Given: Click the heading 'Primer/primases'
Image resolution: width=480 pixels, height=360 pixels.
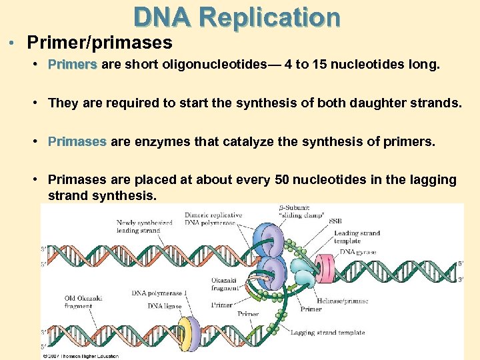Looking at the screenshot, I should [x=99, y=43].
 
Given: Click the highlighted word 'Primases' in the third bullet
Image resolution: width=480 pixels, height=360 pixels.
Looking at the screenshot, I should [x=77, y=141].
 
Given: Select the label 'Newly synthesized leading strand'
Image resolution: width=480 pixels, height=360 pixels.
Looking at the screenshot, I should [x=145, y=226].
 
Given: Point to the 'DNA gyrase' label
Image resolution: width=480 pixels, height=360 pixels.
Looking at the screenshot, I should [x=356, y=251].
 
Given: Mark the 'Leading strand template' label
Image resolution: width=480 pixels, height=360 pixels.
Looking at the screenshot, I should [x=357, y=237].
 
